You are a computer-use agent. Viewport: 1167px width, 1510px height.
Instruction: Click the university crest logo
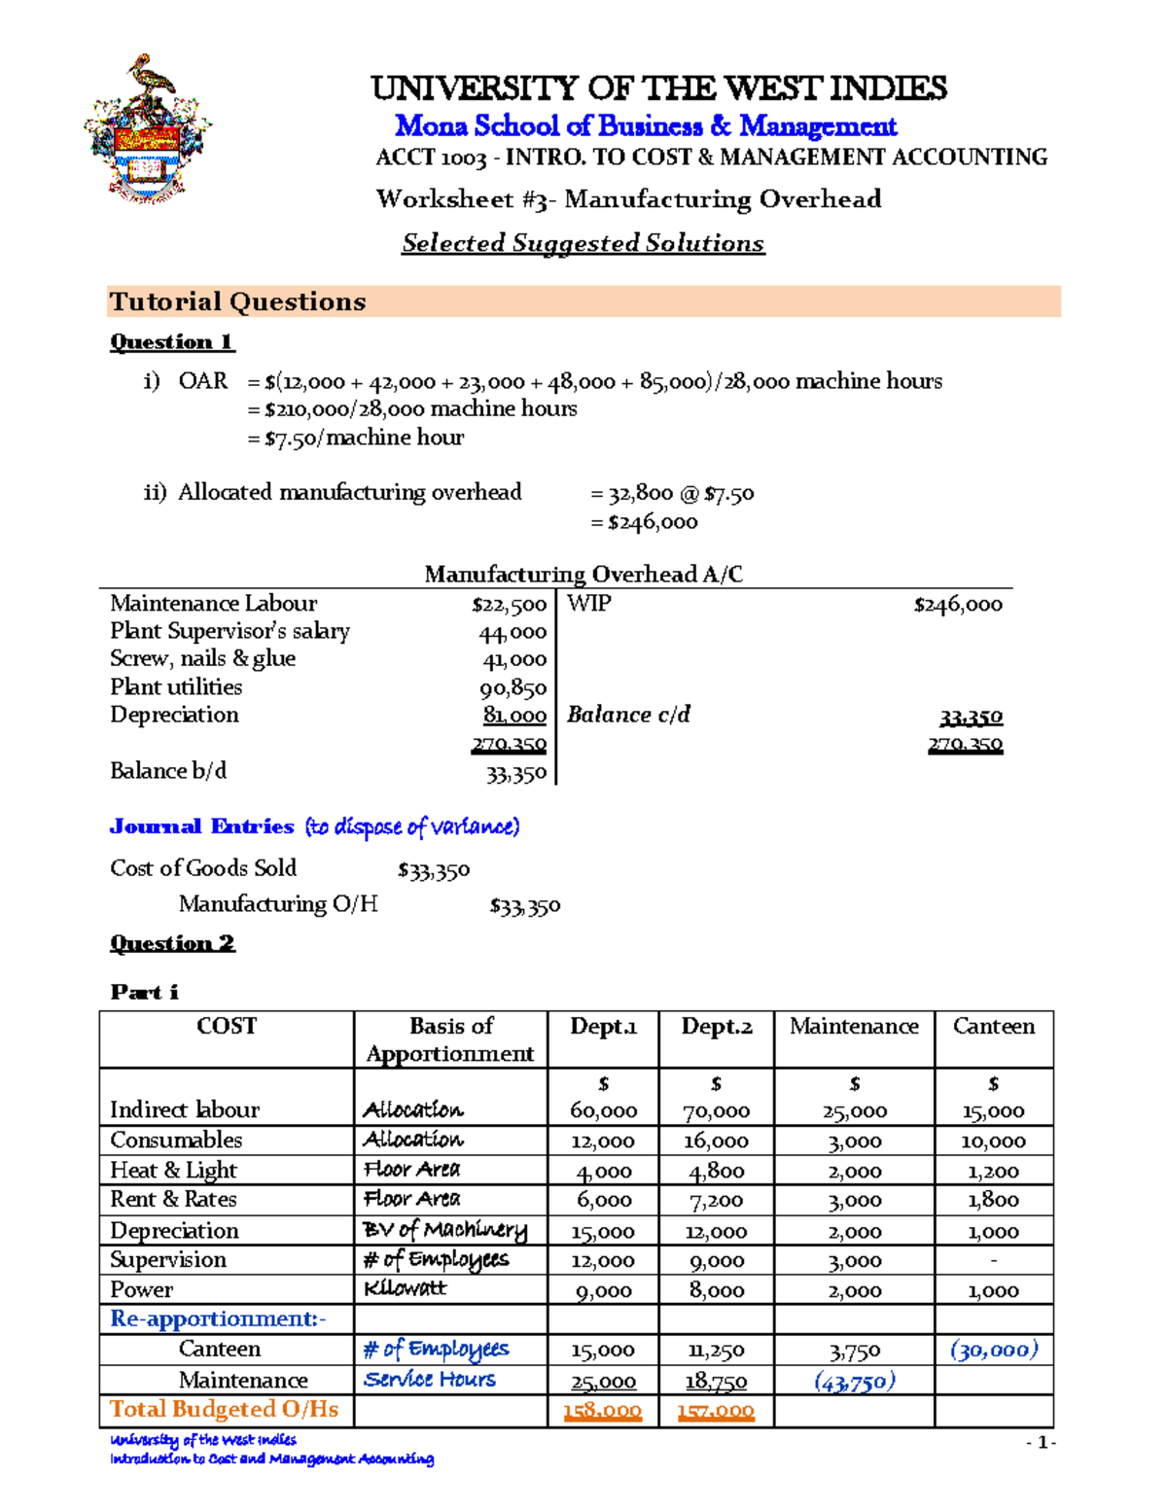[x=149, y=129]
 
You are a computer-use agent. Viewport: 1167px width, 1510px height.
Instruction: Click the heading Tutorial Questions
[x=237, y=301]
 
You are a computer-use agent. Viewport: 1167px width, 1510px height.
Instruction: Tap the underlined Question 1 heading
[x=172, y=342]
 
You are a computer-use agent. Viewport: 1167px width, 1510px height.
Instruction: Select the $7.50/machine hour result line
[x=356, y=438]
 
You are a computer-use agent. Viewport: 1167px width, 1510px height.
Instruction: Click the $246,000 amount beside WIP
[x=957, y=605]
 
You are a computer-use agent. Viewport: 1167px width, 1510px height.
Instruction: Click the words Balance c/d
[x=628, y=715]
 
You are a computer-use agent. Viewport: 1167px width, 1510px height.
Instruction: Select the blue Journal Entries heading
[x=202, y=826]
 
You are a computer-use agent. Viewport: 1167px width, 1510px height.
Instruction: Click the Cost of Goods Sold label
[x=203, y=868]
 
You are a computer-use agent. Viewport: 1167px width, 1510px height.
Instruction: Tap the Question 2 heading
[x=172, y=943]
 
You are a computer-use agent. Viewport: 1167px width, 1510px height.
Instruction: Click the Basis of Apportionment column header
[x=450, y=1039]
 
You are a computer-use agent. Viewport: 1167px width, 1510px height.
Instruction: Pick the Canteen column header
[x=993, y=1027]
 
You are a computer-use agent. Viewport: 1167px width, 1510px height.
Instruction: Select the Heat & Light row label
[x=173, y=1170]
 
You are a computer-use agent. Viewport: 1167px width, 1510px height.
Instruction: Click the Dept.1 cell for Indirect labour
[x=603, y=1110]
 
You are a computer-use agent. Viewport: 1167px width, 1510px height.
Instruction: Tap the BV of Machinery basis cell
[x=444, y=1230]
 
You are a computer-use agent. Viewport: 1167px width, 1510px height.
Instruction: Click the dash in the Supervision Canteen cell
[x=993, y=1260]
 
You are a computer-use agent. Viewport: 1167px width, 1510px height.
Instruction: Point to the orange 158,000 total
[x=602, y=1411]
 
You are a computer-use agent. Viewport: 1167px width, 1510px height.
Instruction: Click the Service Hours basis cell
[x=429, y=1380]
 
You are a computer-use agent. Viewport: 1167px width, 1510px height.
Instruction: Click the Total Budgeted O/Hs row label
[x=224, y=1410]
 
